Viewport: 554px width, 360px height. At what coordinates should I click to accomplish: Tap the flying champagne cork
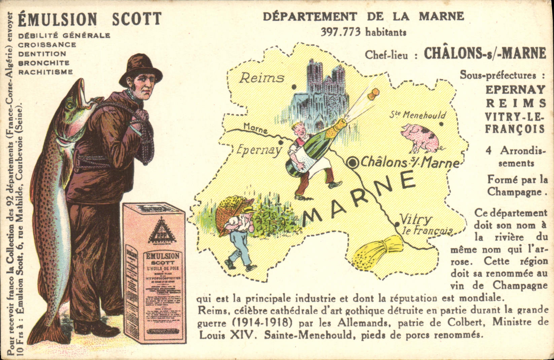pos(373,94)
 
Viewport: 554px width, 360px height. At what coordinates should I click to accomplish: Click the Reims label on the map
pos(262,78)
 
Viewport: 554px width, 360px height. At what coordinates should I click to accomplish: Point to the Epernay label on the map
pos(258,150)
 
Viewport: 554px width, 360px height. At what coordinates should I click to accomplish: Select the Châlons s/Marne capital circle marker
pos(353,163)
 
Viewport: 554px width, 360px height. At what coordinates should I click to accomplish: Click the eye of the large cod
pos(70,105)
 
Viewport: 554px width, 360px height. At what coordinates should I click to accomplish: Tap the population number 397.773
pos(340,32)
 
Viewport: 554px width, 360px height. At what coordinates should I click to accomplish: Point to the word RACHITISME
pos(45,72)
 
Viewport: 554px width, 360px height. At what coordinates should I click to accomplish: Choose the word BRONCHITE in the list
pos(44,63)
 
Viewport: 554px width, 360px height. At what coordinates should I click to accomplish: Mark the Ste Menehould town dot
pos(441,124)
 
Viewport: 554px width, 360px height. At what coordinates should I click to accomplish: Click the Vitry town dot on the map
pos(397,224)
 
